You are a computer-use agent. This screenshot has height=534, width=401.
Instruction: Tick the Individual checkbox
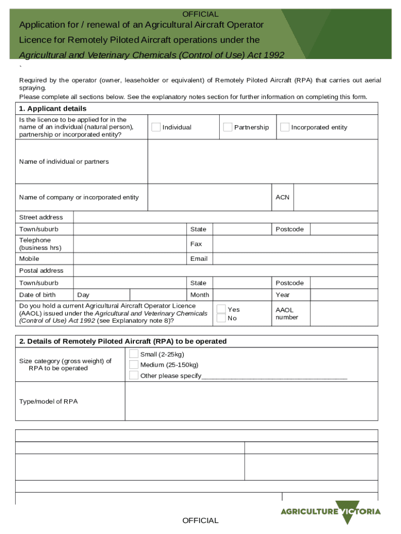156,127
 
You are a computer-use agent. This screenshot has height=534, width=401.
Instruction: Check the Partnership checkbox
228,127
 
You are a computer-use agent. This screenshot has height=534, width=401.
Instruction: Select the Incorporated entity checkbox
285,127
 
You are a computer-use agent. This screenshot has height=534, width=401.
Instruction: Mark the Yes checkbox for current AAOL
221,309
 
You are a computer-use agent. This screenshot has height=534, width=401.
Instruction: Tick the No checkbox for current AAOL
221,318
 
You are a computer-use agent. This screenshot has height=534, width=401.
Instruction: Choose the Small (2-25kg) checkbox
134,354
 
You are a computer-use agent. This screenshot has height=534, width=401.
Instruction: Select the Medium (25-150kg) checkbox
134,365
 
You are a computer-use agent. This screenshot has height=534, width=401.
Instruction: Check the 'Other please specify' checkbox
134,375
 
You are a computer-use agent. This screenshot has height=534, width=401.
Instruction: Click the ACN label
282,197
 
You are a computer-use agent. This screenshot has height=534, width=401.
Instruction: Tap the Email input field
295,259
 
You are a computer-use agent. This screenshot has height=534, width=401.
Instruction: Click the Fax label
196,244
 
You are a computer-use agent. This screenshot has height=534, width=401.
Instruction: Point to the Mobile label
29,259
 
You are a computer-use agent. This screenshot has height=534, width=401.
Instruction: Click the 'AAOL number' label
286,313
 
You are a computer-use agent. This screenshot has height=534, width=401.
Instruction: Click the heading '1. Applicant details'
53,108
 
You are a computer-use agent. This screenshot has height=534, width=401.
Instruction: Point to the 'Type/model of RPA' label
48,402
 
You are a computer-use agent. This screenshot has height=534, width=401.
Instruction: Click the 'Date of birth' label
37,295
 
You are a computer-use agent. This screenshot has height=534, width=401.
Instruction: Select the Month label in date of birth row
199,295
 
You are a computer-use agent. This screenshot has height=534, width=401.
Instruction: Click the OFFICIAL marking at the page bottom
200,520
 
